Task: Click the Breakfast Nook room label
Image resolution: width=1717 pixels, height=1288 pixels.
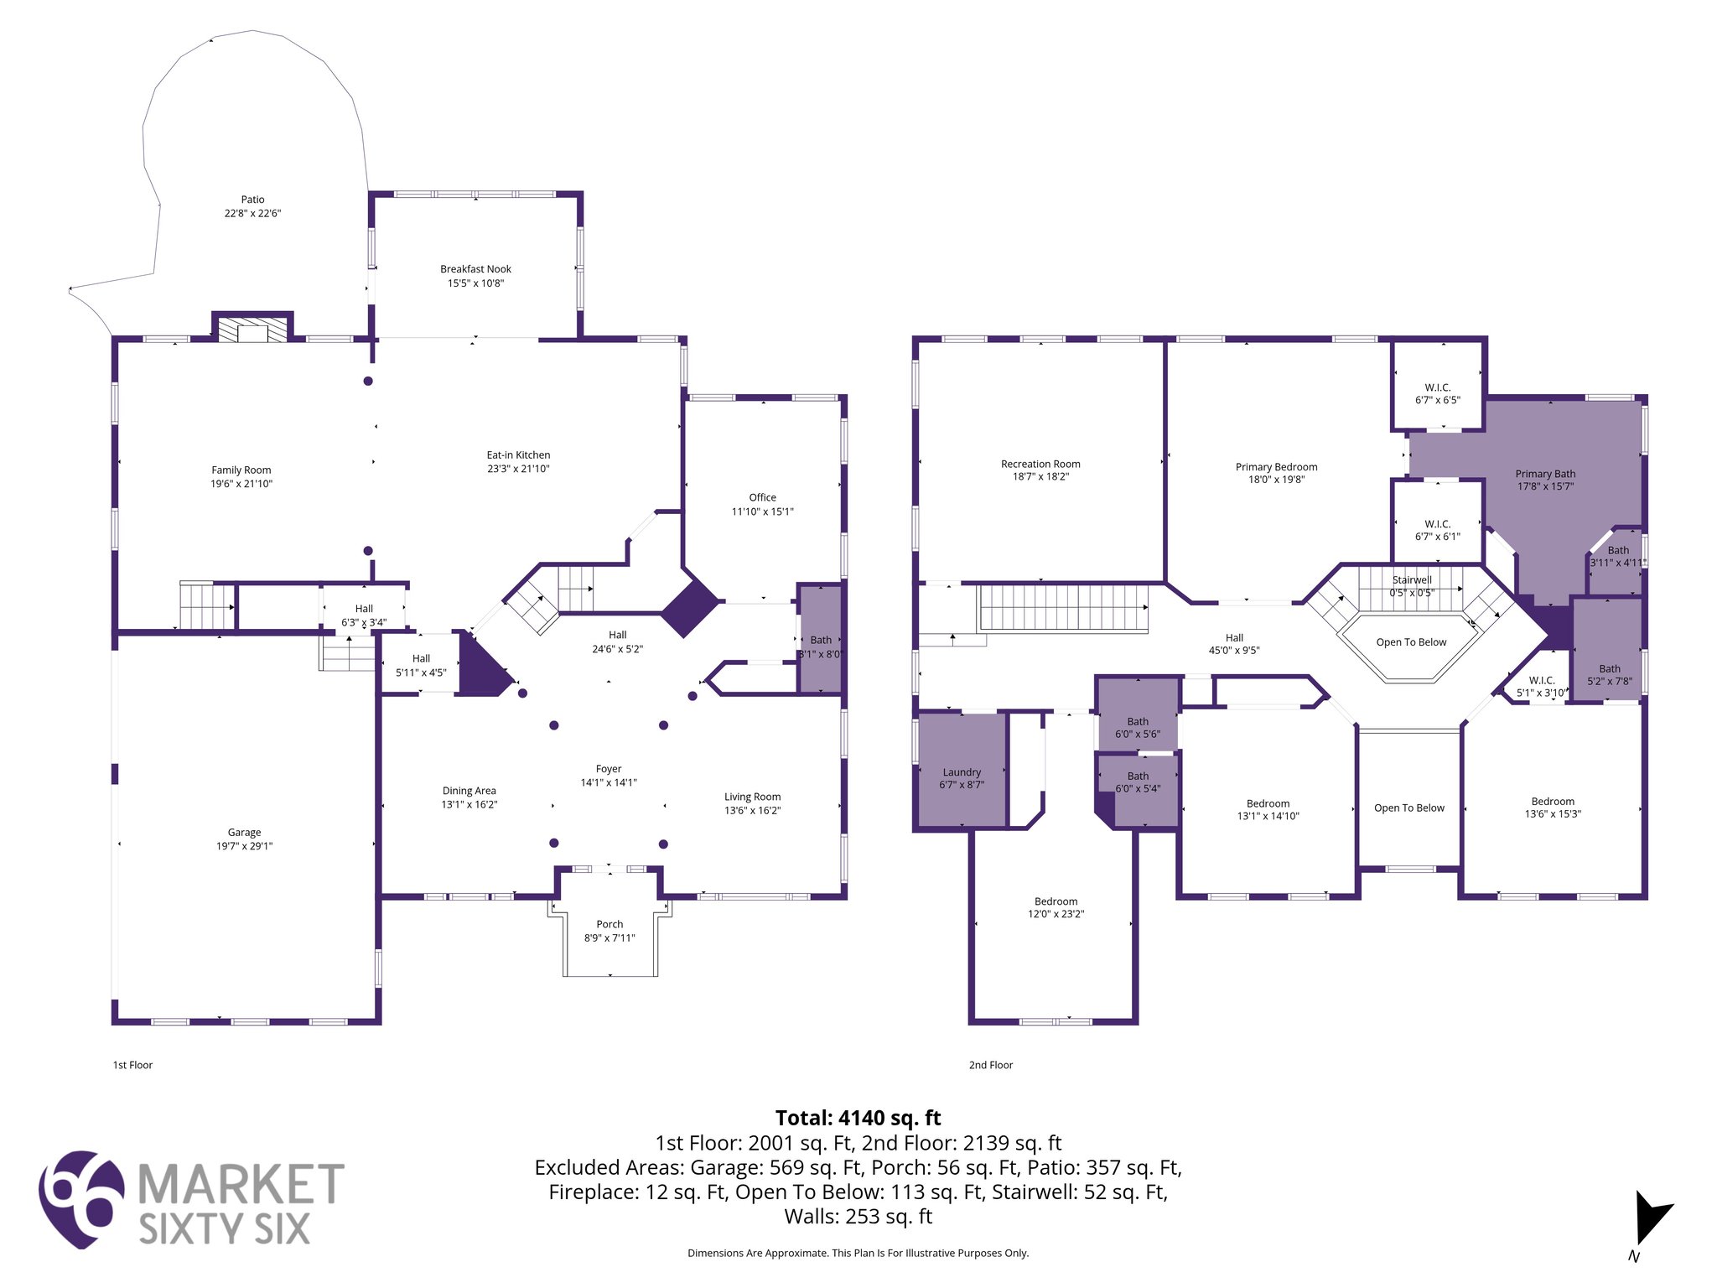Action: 475,269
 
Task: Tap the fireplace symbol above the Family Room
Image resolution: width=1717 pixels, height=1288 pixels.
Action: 252,329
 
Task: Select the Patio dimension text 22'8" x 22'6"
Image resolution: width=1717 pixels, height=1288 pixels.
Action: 252,214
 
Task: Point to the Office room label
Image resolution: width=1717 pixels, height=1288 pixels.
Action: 762,497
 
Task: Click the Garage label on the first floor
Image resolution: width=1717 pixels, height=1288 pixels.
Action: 244,833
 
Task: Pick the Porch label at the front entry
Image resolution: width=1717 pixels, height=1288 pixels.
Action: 610,924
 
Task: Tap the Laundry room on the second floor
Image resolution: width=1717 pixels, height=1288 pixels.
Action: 962,772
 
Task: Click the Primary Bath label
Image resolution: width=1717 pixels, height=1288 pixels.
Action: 1545,474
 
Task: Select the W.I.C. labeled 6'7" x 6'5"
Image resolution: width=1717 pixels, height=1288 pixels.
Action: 1438,394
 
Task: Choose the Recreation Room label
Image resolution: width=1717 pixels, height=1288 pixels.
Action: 1040,464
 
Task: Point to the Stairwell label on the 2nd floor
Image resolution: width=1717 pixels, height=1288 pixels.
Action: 1412,579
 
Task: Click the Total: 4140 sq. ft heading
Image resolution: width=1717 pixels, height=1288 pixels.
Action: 858,1118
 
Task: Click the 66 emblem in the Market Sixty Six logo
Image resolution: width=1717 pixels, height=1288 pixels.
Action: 81,1199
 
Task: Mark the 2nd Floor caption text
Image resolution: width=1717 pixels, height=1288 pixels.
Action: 991,1065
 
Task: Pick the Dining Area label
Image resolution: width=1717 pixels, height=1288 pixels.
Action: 469,791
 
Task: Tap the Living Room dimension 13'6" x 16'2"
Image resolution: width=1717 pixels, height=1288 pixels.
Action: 752,811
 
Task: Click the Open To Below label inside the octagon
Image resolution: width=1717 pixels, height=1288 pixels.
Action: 1411,642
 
